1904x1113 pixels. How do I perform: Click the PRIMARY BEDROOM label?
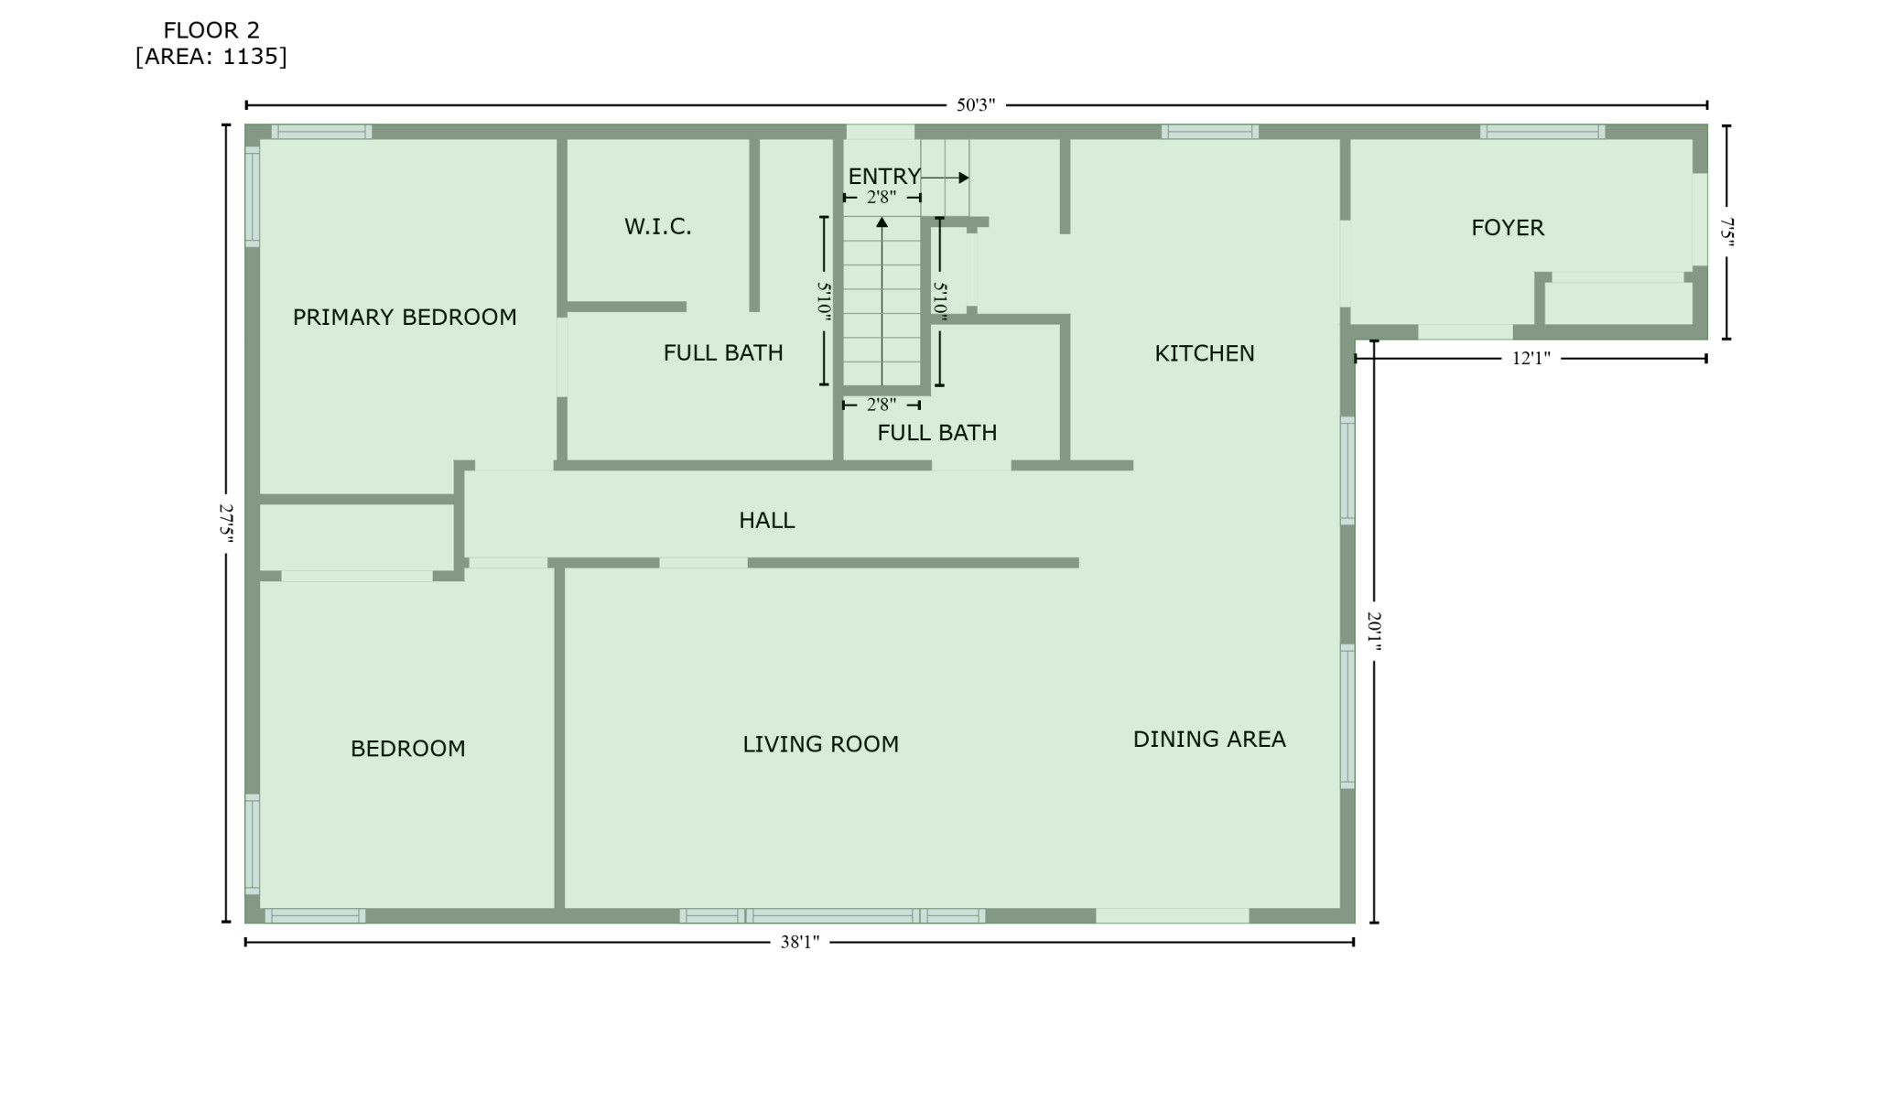(x=405, y=318)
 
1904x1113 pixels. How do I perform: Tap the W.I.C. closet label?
(x=658, y=227)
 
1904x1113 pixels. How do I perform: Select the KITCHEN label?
(x=1205, y=353)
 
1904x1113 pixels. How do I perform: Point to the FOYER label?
(x=1508, y=228)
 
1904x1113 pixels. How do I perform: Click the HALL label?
(x=767, y=521)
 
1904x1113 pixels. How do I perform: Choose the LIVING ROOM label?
(x=821, y=744)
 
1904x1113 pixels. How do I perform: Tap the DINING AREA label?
(x=1209, y=739)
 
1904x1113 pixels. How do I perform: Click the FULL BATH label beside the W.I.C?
(x=723, y=352)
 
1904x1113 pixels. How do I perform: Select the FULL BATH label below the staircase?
(x=937, y=433)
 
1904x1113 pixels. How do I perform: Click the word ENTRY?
(x=884, y=177)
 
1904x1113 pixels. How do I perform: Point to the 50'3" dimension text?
(x=976, y=105)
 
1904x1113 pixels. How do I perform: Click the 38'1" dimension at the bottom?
(x=800, y=942)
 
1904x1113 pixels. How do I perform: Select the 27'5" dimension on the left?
(x=226, y=523)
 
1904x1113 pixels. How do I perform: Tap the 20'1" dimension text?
(x=1374, y=632)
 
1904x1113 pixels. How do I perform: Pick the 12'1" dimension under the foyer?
(x=1531, y=359)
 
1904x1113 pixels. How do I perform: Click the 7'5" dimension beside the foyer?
(x=1726, y=232)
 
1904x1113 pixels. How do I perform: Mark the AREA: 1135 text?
(x=211, y=57)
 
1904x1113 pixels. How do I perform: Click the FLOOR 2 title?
(x=211, y=30)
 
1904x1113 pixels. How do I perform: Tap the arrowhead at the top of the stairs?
(x=882, y=222)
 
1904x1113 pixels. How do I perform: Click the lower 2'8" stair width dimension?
(x=882, y=405)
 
